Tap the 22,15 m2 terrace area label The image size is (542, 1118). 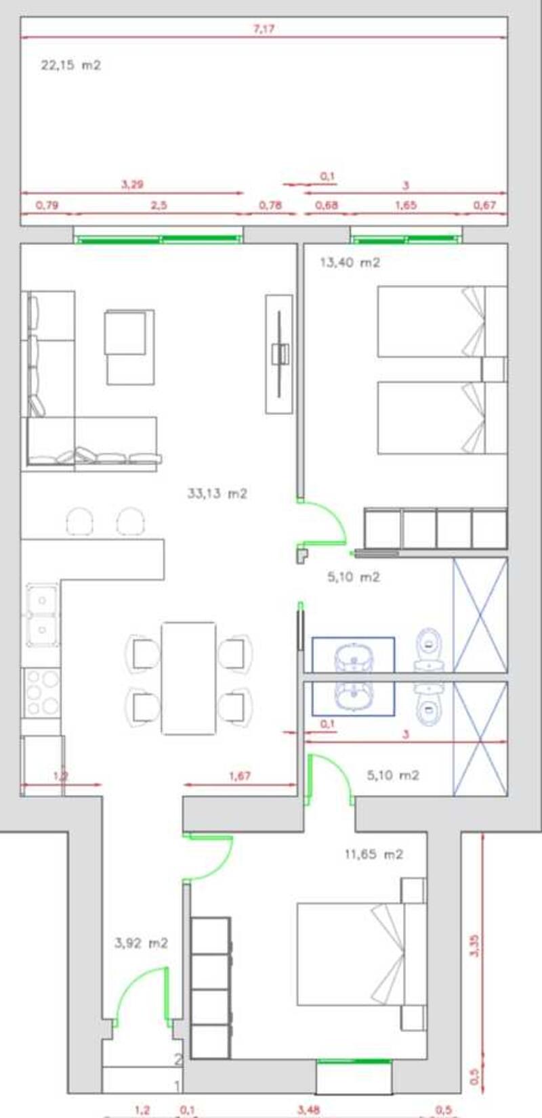(70, 66)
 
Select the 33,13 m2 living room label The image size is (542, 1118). (217, 494)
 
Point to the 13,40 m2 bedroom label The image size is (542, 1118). (350, 263)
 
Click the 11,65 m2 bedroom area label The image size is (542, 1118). (374, 855)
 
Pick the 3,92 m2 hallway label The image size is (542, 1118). (141, 943)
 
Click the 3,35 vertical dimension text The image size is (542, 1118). (475, 945)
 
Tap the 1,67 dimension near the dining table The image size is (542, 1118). (240, 776)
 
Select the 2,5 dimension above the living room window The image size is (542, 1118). (158, 205)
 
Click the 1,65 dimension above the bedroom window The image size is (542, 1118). (405, 205)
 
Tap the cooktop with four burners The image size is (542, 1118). (41, 692)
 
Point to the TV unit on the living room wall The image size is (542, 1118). (279, 353)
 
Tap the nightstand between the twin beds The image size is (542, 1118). (494, 370)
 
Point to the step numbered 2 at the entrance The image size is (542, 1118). (178, 1060)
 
